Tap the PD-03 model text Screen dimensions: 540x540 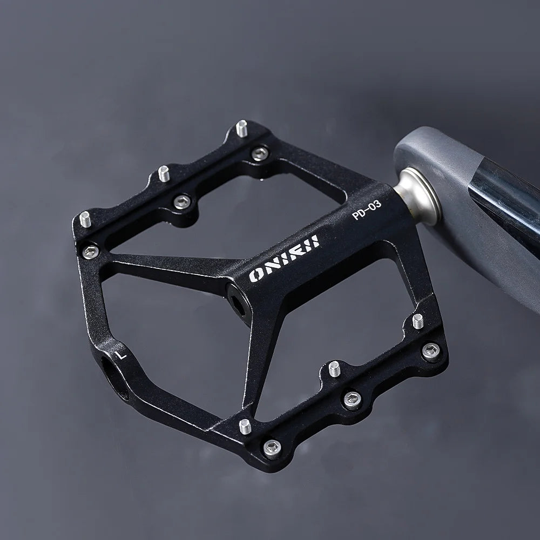[x=367, y=211]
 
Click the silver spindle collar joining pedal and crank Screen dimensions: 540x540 [x=418, y=194]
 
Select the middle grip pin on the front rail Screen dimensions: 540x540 [x=334, y=369]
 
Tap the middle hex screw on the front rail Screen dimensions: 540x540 [x=352, y=400]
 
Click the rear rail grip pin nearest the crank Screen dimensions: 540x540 [x=242, y=128]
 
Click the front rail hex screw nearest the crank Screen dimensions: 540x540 [x=430, y=352]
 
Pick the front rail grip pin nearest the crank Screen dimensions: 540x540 [x=417, y=321]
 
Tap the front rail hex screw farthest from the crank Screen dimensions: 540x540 [x=272, y=447]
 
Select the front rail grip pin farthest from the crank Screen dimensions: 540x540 [x=245, y=426]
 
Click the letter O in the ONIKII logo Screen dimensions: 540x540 [x=257, y=275]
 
